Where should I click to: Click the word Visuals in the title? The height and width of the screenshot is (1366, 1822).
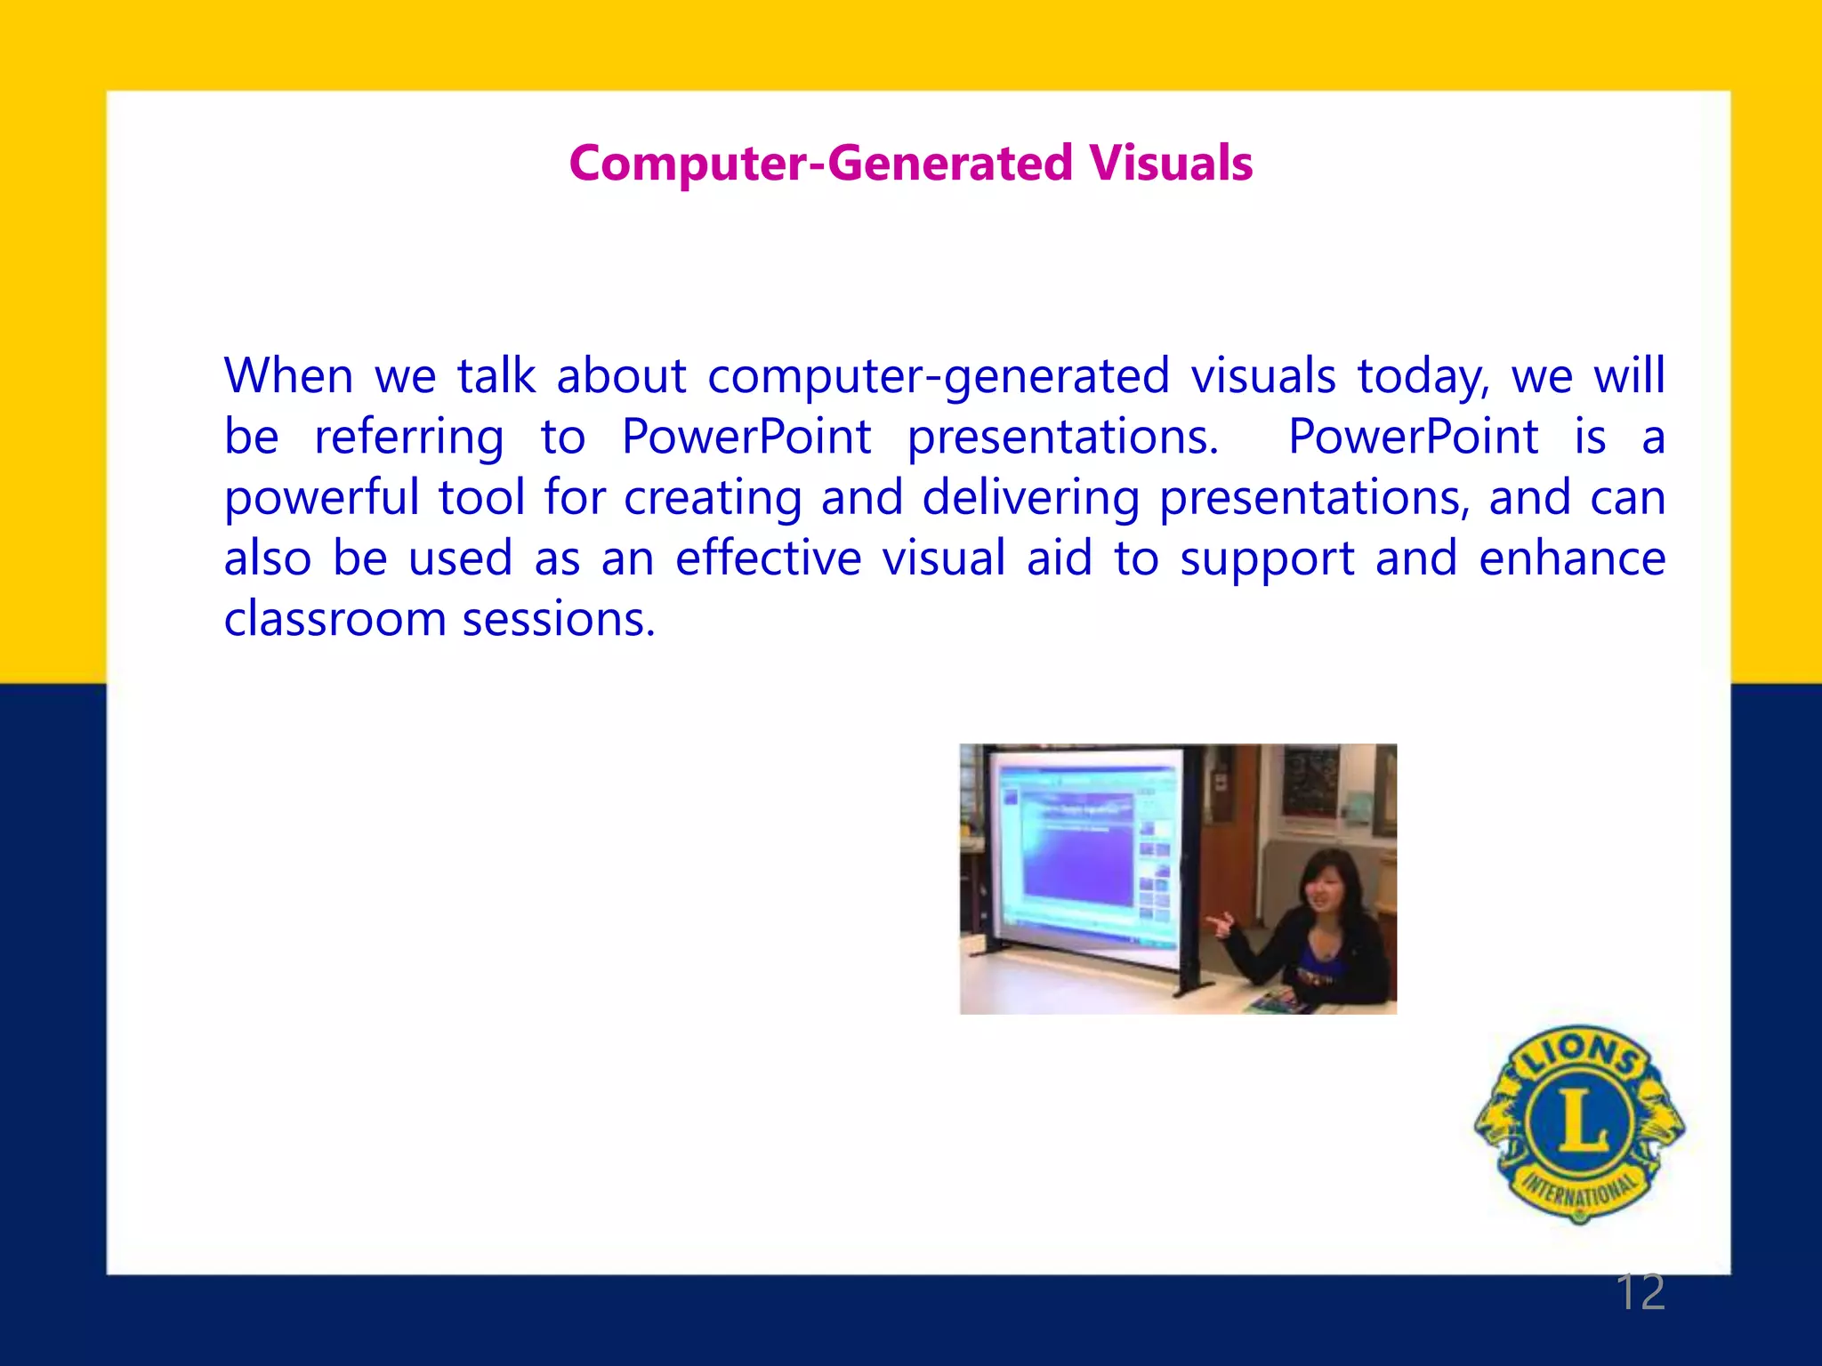pos(1170,164)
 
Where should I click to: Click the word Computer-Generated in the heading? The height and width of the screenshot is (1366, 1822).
pos(820,164)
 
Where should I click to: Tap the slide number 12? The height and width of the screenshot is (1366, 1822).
pos(1640,1292)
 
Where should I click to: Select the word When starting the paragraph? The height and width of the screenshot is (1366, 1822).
pos(288,375)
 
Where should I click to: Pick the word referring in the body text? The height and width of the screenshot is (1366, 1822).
pos(408,438)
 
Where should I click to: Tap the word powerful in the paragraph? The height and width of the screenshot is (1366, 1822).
pos(321,498)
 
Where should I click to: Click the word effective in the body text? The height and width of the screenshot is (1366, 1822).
pos(768,558)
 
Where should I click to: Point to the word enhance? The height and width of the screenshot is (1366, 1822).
pos(1571,558)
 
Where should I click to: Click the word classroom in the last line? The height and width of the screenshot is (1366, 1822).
pos(335,619)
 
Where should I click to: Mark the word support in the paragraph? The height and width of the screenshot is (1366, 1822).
pos(1267,560)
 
